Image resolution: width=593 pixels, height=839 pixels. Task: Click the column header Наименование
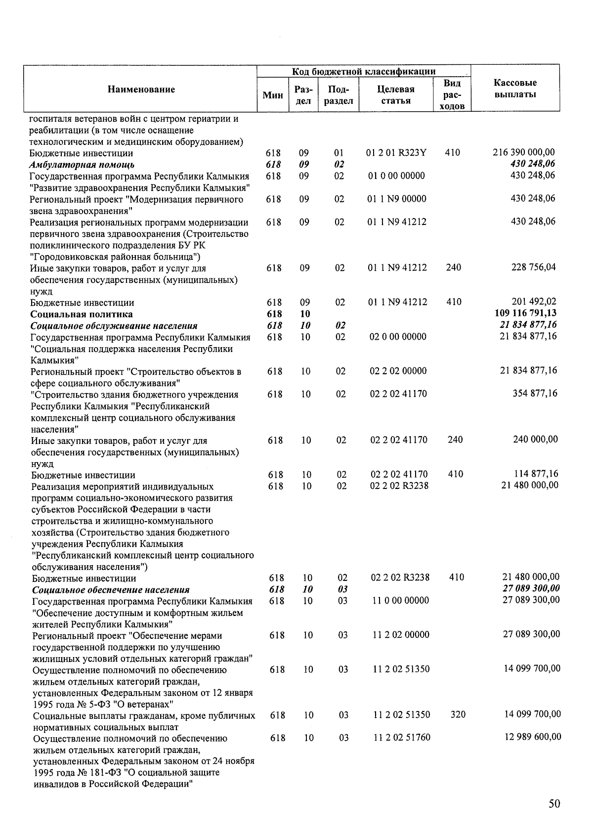[x=141, y=89]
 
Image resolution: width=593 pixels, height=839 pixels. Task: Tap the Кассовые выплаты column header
[x=515, y=88]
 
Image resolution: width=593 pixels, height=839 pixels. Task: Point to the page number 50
[x=554, y=804]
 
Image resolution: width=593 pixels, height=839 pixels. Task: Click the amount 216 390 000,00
[x=524, y=153]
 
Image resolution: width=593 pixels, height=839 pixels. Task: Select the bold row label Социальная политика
[x=82, y=314]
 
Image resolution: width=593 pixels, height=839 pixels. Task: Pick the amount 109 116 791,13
[x=525, y=313]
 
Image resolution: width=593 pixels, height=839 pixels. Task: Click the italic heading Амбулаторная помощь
[x=82, y=165]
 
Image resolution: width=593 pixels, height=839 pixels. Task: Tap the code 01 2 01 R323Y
[x=396, y=153]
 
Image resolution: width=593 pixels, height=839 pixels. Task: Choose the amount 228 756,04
[x=533, y=267]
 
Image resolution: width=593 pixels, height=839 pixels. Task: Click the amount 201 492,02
[x=533, y=302]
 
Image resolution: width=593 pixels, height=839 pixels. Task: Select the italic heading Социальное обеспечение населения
[x=111, y=590]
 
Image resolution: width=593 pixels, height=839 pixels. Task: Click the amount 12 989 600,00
[x=532, y=737]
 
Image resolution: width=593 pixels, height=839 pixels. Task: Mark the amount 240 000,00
[x=535, y=440]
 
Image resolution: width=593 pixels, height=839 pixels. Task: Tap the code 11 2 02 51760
[x=401, y=738]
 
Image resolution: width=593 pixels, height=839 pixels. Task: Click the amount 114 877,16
[x=536, y=474]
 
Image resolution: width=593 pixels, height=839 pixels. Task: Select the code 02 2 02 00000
[x=398, y=371]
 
